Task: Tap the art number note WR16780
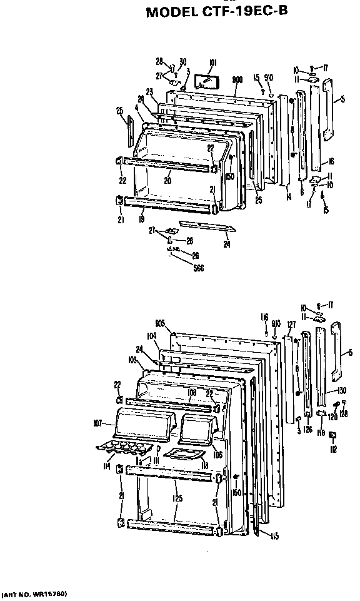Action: tap(34, 592)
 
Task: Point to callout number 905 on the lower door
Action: tap(159, 323)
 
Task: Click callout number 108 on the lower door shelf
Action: tap(192, 393)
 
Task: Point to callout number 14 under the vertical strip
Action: tap(288, 196)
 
